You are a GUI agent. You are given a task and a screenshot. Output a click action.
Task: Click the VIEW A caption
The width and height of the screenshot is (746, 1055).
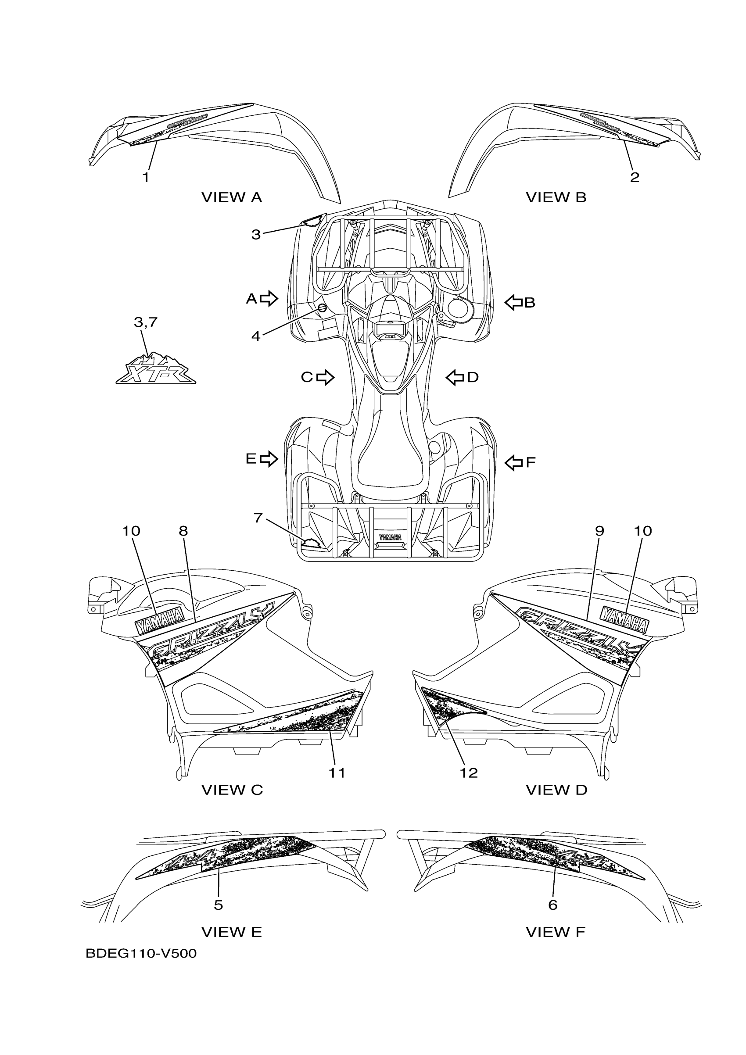232,197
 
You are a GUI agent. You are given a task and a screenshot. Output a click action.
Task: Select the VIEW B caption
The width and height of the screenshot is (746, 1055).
556,197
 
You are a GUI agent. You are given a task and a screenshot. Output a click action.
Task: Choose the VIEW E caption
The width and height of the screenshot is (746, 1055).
232,932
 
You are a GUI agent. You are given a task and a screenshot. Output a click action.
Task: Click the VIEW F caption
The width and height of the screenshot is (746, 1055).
555,932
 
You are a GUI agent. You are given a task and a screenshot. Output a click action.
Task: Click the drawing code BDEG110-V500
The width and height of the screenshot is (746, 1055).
141,954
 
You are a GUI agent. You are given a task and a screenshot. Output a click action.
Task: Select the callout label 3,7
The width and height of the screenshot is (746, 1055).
146,322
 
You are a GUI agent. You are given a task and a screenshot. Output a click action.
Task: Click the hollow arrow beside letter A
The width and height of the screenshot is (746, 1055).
269,298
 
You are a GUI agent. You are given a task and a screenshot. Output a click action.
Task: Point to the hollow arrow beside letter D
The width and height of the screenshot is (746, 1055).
455,377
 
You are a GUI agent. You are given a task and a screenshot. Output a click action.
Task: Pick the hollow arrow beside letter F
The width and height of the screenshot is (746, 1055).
513,462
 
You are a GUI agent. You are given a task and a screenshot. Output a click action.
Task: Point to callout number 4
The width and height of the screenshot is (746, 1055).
255,336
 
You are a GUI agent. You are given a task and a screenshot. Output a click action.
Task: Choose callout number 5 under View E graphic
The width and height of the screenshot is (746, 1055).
219,905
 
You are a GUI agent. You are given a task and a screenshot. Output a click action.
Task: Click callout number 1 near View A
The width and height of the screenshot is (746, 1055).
146,177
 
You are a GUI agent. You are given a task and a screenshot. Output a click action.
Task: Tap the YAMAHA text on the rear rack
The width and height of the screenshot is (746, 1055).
390,536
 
